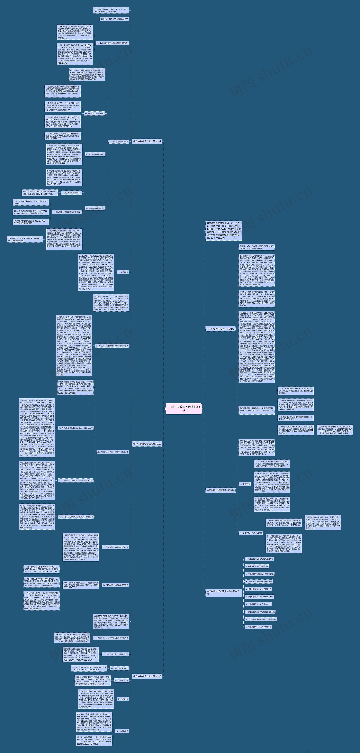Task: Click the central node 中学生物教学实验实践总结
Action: coord(184,409)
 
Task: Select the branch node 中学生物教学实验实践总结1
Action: coord(147,142)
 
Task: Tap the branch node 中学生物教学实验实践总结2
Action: coord(221,329)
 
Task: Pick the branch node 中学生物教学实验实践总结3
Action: coord(147,444)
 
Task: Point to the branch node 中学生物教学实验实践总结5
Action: coord(147,676)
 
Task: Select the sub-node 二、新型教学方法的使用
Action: coord(119,142)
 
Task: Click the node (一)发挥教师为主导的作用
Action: coord(94,113)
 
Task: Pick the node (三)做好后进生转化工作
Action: coord(95,208)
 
